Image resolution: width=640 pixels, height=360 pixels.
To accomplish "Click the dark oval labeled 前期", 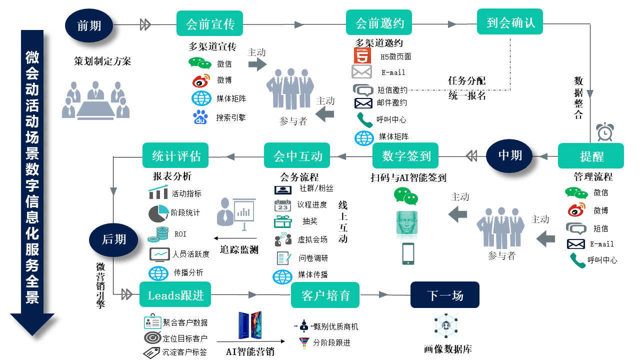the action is tap(89, 25).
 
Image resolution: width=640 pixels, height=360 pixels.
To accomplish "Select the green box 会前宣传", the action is tap(209, 23).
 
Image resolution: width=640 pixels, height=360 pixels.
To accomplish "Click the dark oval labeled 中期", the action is tap(509, 155).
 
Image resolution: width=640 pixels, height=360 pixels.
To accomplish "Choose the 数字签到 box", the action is tap(405, 155).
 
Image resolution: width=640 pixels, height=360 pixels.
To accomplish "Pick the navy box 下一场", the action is tap(445, 295).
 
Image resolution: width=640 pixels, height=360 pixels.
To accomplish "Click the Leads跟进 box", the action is tap(175, 294).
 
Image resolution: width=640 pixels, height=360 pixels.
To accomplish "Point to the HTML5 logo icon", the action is tap(362, 55).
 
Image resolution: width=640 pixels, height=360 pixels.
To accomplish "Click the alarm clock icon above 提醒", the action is tap(605, 132).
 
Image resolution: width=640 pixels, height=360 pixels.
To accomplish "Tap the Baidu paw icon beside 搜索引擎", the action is tap(200, 117).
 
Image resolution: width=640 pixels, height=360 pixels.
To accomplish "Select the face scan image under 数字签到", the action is tap(407, 223).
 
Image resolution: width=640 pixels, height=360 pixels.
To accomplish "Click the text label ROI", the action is tap(180, 234).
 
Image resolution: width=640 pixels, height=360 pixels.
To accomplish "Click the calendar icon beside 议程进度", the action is tap(282, 205).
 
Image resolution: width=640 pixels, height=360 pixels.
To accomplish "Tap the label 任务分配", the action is tap(466, 80).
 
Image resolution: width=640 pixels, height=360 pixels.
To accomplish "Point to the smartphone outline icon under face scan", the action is tap(408, 253).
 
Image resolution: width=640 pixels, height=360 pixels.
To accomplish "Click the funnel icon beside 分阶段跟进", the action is tap(304, 342).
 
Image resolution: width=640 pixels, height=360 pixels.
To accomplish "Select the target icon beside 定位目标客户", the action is tap(152, 338).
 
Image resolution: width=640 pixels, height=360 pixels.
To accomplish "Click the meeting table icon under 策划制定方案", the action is tap(95, 100).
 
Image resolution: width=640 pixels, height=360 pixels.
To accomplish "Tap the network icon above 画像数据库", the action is tap(445, 325).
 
